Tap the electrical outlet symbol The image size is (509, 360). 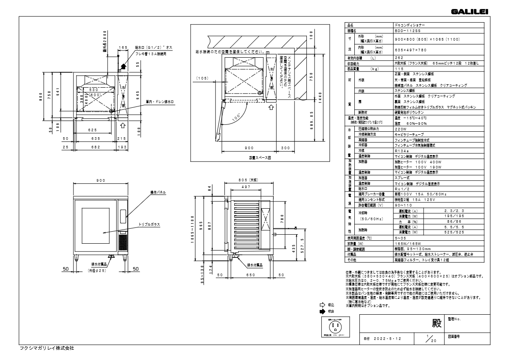coord(335,328)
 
